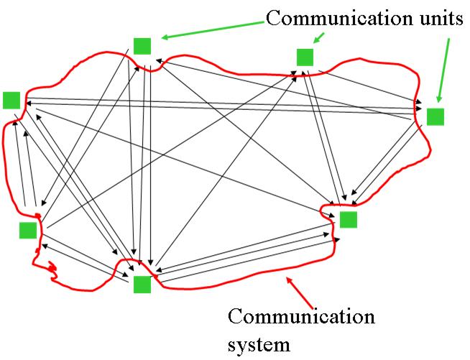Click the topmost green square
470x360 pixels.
(142, 46)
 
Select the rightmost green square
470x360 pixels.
(436, 116)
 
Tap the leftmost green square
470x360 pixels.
(11, 100)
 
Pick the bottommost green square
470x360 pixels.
(142, 284)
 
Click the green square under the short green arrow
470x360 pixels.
(305, 57)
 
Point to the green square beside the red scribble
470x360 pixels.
(28, 230)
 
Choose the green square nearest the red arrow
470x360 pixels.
(349, 219)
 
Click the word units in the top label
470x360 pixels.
(435, 18)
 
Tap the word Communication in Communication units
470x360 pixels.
(338, 18)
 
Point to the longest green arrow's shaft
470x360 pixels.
(216, 29)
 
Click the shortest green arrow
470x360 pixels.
(319, 38)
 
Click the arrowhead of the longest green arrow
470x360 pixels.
(164, 37)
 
